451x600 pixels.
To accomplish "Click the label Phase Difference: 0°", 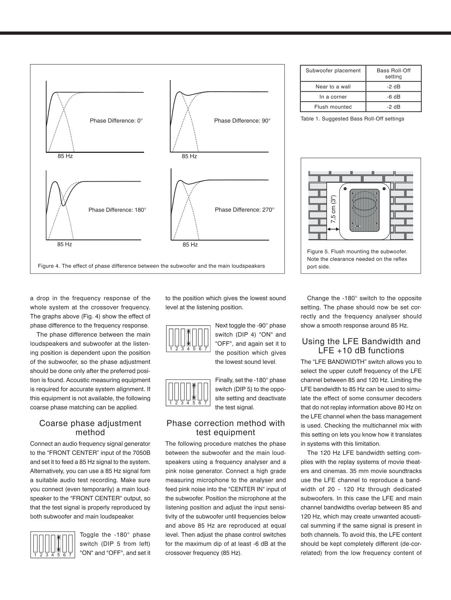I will tap(116, 121).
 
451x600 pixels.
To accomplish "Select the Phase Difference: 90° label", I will tap(242, 121).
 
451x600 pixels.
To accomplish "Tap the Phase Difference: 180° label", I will tap(117, 210).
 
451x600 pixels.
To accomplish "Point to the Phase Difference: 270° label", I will tap(244, 210).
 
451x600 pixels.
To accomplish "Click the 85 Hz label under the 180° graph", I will tap(64, 244).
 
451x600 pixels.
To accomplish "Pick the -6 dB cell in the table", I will tap(393, 97).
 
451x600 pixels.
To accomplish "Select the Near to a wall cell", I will tap(333, 87).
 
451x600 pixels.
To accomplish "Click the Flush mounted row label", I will tap(333, 107).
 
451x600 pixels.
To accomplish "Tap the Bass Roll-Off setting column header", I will tap(393, 73).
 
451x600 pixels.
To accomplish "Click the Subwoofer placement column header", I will tap(333, 71).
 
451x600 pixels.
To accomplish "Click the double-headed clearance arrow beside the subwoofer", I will tap(333, 229).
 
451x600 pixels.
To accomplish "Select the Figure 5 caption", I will tap(357, 259).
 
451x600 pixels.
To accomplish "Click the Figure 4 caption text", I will tap(151, 266).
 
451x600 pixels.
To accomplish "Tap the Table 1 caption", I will tap(352, 119).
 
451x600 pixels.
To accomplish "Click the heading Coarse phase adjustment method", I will tap(90, 428).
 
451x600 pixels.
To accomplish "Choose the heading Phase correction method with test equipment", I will tap(225, 428).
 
